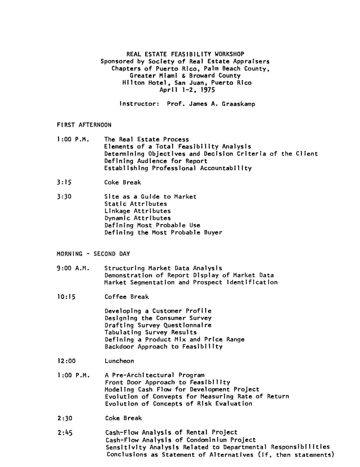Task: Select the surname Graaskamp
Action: coord(239,104)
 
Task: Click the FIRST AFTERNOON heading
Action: coord(84,125)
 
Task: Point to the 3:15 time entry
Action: coord(64,182)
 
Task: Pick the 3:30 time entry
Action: coord(64,197)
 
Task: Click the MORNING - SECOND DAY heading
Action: coord(93,254)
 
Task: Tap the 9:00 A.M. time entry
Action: coord(73,268)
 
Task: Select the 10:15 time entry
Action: coord(66,297)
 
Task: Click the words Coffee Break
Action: coord(127,297)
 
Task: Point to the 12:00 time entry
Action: coord(66,361)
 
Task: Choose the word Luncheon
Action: coord(119,361)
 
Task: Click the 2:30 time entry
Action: coord(65,418)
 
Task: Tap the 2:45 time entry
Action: coord(65,433)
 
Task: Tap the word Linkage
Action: coord(117,211)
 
